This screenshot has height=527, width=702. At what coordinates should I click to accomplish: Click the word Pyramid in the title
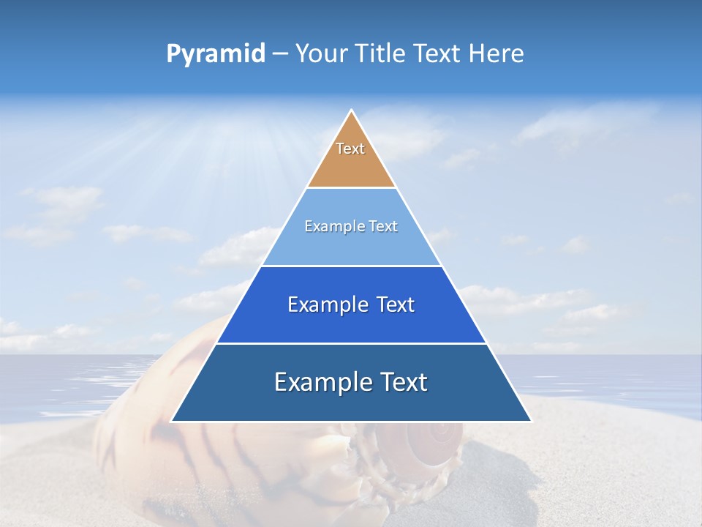(x=216, y=54)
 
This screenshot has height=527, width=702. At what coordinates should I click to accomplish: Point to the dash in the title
(x=280, y=54)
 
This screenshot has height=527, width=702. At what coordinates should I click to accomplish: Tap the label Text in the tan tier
(x=350, y=149)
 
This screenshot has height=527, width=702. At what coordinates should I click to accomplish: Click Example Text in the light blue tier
(x=351, y=226)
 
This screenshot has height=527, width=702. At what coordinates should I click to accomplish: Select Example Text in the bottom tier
(x=351, y=382)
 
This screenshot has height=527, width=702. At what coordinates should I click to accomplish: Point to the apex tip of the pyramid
(x=351, y=111)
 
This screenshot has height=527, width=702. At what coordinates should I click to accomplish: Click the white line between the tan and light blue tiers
(x=351, y=188)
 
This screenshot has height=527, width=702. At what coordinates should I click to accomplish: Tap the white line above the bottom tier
(x=351, y=343)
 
